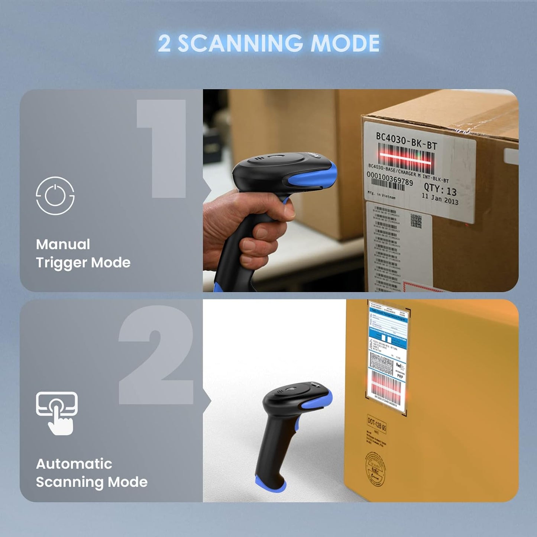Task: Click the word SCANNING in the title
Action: pyautogui.click(x=240, y=43)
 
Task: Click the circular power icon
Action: pyautogui.click(x=55, y=195)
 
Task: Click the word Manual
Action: pyautogui.click(x=63, y=244)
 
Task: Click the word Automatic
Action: pyautogui.click(x=74, y=463)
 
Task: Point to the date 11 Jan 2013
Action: pyautogui.click(x=440, y=199)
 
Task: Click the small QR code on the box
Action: pyautogui.click(x=416, y=221)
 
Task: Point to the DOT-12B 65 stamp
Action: pyautogui.click(x=376, y=424)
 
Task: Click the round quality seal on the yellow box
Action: pyautogui.click(x=375, y=468)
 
